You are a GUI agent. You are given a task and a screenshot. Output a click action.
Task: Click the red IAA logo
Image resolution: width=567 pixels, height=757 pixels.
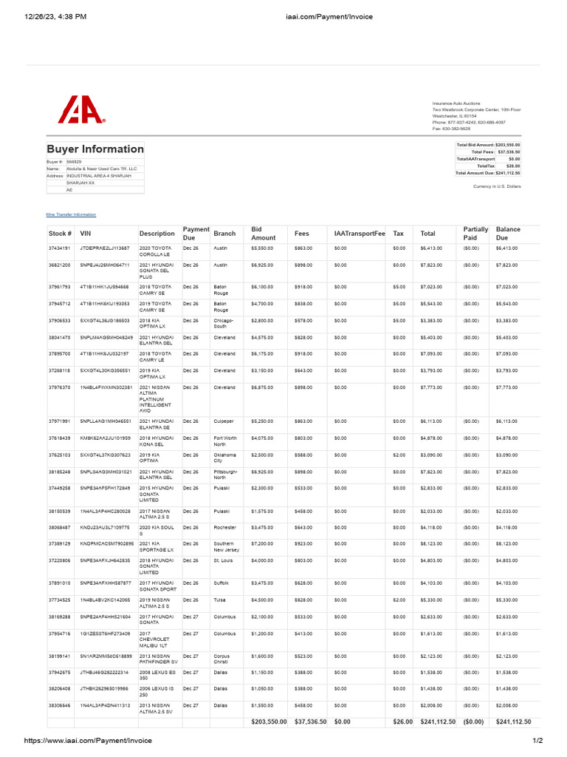coord(81,111)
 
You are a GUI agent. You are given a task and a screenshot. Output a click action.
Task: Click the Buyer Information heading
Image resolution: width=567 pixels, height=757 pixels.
coord(95,149)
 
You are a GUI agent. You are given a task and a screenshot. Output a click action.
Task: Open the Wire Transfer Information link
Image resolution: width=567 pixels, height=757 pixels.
coord(71,214)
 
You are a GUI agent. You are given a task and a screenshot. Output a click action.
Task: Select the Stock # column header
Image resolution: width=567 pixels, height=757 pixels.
coord(60,234)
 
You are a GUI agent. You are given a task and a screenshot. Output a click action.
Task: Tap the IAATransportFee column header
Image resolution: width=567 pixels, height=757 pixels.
coord(360,234)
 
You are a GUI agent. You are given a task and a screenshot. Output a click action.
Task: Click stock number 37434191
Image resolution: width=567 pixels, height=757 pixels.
coord(59,248)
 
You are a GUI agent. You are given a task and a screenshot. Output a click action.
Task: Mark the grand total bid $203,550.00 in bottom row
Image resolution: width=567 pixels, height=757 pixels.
coord(269,722)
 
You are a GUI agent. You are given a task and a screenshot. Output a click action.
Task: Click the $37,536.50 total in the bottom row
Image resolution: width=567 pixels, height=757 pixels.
coord(310,722)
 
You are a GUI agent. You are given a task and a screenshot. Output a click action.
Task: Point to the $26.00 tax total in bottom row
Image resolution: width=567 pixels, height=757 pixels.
coord(402,722)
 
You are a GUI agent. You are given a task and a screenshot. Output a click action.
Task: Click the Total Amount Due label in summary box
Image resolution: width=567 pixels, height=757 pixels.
coord(475,173)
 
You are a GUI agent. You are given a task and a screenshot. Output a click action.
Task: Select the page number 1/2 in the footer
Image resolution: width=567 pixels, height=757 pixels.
coord(537,741)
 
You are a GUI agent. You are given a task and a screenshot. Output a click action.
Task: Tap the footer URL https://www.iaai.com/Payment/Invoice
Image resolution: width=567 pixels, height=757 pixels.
coord(88,741)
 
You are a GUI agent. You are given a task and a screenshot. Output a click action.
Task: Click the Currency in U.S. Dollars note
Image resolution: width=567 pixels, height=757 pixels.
coord(496,186)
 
